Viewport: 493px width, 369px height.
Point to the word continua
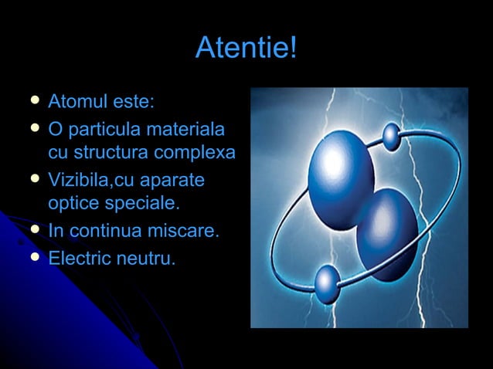click(x=104, y=232)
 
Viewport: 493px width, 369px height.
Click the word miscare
click(x=186, y=232)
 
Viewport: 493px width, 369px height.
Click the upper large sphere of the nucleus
click(x=341, y=168)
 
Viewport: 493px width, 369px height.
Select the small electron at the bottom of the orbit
click(x=327, y=284)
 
